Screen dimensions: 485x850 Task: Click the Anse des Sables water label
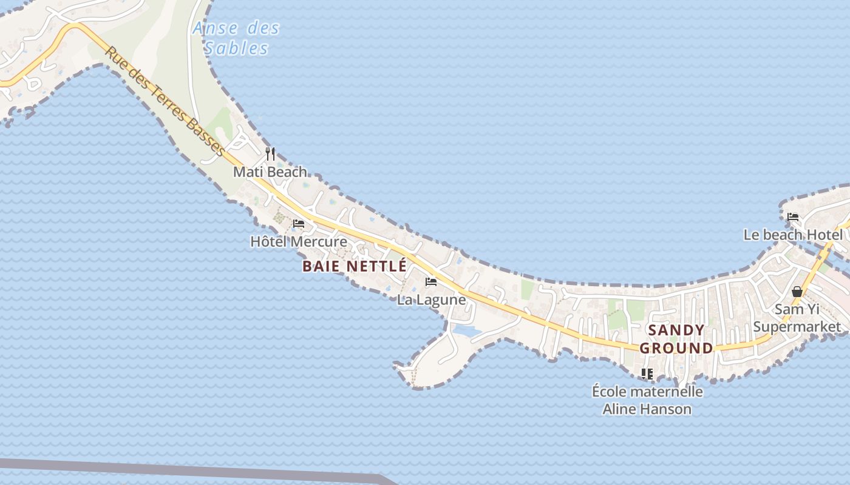click(x=236, y=38)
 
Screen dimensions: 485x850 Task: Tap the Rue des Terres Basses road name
click(x=165, y=101)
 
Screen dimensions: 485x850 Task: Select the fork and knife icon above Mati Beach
click(x=270, y=154)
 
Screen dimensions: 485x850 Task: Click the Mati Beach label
click(x=270, y=172)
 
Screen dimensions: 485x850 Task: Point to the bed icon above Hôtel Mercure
click(x=298, y=224)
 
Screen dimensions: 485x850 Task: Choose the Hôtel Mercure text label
click(x=299, y=242)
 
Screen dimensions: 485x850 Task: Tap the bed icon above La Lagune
click(x=431, y=282)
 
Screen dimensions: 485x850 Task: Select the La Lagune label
click(x=432, y=299)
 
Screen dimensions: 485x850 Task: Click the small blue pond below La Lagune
click(x=466, y=330)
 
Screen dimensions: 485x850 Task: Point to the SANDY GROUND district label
click(x=676, y=339)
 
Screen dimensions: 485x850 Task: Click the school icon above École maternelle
click(x=647, y=374)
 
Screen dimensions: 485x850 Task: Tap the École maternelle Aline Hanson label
click(x=647, y=400)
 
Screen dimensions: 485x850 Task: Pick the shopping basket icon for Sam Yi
click(x=797, y=292)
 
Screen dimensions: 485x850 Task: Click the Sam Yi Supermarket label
click(x=797, y=318)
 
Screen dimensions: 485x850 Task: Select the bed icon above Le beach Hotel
click(x=793, y=217)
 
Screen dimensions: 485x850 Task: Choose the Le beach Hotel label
click(x=793, y=235)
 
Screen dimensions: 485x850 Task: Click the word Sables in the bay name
click(x=236, y=48)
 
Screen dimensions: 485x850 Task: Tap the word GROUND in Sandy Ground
click(x=676, y=348)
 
